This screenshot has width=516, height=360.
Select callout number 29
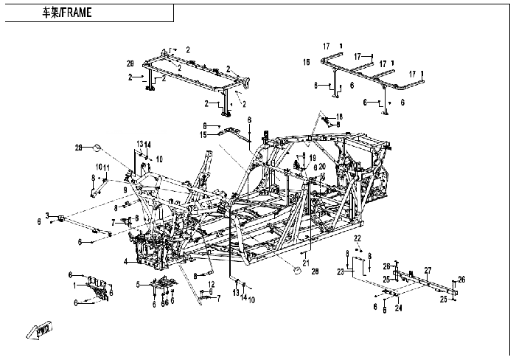pyautogui.click(x=130, y=63)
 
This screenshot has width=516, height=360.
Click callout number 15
pyautogui.click(x=202, y=134)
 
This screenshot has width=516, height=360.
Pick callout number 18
pyautogui.click(x=340, y=117)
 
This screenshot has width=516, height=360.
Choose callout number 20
pyautogui.click(x=321, y=167)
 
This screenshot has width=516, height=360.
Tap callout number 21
pyautogui.click(x=305, y=263)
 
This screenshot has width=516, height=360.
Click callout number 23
pyautogui.click(x=341, y=271)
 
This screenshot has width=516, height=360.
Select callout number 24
pyautogui.click(x=399, y=309)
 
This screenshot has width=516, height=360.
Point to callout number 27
pyautogui.click(x=427, y=271)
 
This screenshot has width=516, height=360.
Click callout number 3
pyautogui.click(x=47, y=215)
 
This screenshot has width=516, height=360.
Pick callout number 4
pyautogui.click(x=126, y=261)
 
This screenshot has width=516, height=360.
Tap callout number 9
pyautogui.click(x=126, y=190)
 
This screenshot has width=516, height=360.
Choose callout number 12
pyautogui.click(x=211, y=284)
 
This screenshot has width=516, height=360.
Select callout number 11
pyautogui.click(x=106, y=167)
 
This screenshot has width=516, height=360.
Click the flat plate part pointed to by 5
pyautogui.click(x=164, y=283)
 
